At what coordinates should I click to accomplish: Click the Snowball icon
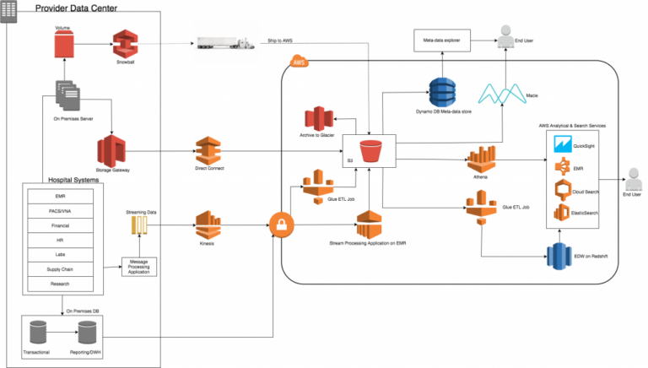click(125, 43)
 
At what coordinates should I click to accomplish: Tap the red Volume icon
click(63, 43)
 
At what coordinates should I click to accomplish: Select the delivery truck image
click(224, 43)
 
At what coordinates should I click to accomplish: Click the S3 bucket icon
click(370, 154)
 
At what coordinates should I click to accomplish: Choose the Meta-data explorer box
click(441, 39)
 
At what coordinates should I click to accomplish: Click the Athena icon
click(481, 160)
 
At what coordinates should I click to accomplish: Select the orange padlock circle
click(280, 225)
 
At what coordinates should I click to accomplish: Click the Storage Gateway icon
click(111, 152)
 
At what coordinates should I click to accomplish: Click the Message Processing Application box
click(139, 267)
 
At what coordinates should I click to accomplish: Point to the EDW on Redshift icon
click(558, 256)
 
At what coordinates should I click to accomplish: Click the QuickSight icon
click(563, 145)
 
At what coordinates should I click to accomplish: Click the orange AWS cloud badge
click(298, 62)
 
